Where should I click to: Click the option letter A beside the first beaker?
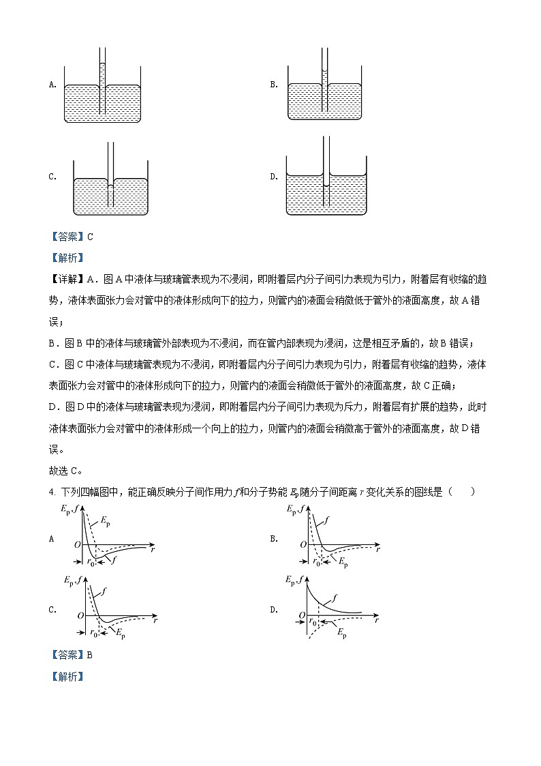(52, 85)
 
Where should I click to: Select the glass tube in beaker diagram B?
(325, 78)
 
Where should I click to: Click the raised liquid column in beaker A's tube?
(102, 75)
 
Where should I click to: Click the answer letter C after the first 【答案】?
(90, 237)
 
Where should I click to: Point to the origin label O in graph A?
(77, 544)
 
